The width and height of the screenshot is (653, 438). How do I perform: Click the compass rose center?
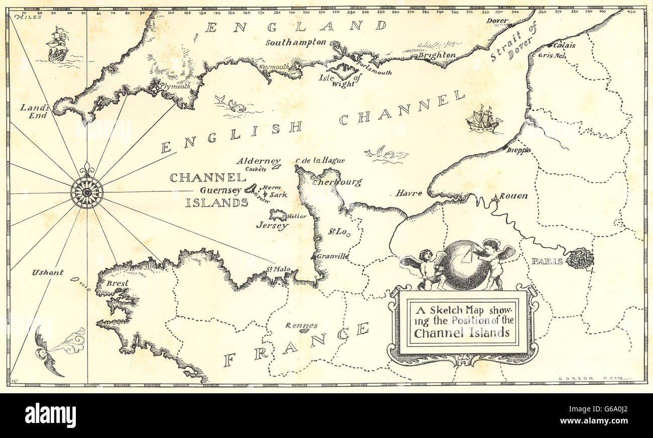click(87, 192)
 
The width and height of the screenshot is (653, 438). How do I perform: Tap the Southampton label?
click(296, 43)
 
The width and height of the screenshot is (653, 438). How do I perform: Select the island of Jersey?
click(277, 215)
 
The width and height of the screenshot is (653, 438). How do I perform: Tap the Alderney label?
click(259, 161)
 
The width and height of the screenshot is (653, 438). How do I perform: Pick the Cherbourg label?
click(337, 182)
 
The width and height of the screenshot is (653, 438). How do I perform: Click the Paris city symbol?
click(580, 258)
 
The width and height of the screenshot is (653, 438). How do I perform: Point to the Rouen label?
click(514, 196)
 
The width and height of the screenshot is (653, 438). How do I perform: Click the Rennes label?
click(301, 325)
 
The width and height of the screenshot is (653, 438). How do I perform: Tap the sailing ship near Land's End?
click(58, 45)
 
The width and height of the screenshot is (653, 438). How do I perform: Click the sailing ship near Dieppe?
click(483, 120)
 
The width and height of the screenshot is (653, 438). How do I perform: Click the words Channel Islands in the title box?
click(462, 333)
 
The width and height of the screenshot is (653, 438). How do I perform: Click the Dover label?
click(498, 21)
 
